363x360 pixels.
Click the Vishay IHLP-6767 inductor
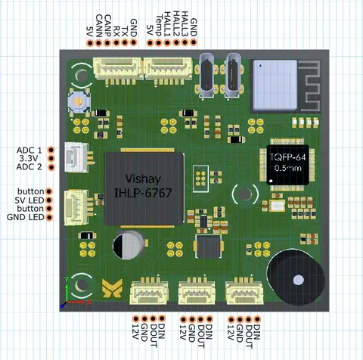coord(144,188)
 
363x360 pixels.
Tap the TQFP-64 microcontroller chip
coord(287,165)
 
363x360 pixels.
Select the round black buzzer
coord(296,276)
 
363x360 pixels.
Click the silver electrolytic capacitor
coord(129,245)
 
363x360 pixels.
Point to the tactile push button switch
coord(79,101)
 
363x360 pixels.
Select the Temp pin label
coord(159,26)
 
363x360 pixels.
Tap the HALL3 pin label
coord(185,24)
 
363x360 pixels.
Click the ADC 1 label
coord(29,151)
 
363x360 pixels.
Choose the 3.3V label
coord(29,159)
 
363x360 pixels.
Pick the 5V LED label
coord(29,200)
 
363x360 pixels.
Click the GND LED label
coord(26,217)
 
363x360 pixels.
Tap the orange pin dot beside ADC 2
coord(51,167)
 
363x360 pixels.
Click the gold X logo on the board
coord(113,288)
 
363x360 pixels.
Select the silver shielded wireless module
coord(275,85)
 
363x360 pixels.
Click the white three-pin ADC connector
coord(78,157)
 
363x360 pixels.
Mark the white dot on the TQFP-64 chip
coord(271,181)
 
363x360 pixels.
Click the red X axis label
coord(89,302)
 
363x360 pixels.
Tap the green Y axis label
coord(67,279)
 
